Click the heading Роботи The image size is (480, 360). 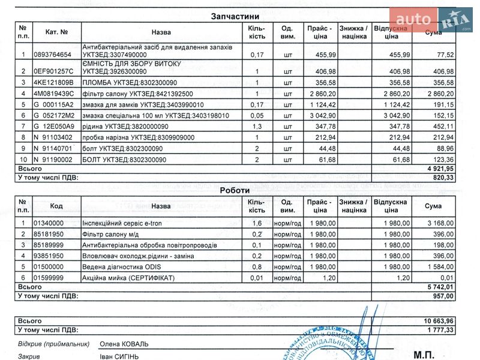point(235,190)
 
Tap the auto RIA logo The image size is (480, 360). point(430,19)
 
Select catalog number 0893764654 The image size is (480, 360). point(53,55)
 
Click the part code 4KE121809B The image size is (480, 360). point(53,82)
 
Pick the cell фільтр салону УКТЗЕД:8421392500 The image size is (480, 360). point(139,94)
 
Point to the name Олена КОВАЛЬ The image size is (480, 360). point(124,344)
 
